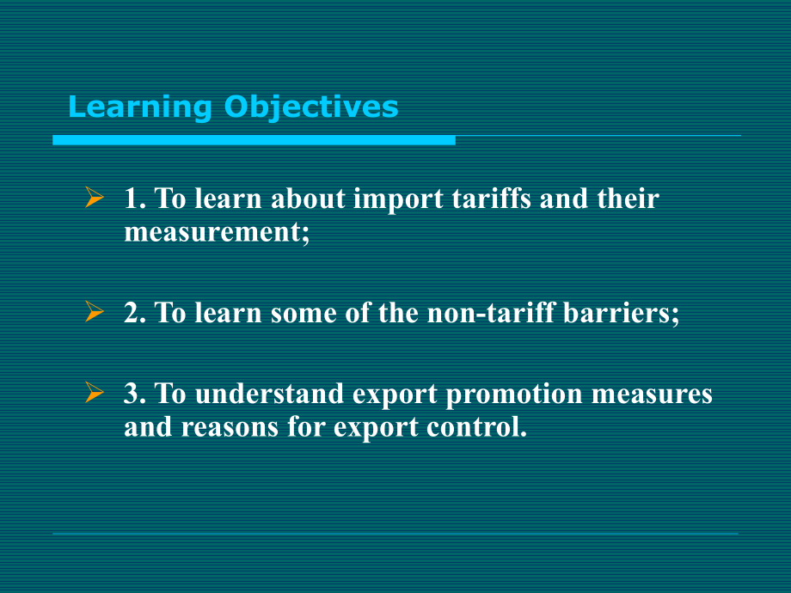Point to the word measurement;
point(216,232)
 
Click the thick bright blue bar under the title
point(254,139)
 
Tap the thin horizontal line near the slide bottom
point(395,534)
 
